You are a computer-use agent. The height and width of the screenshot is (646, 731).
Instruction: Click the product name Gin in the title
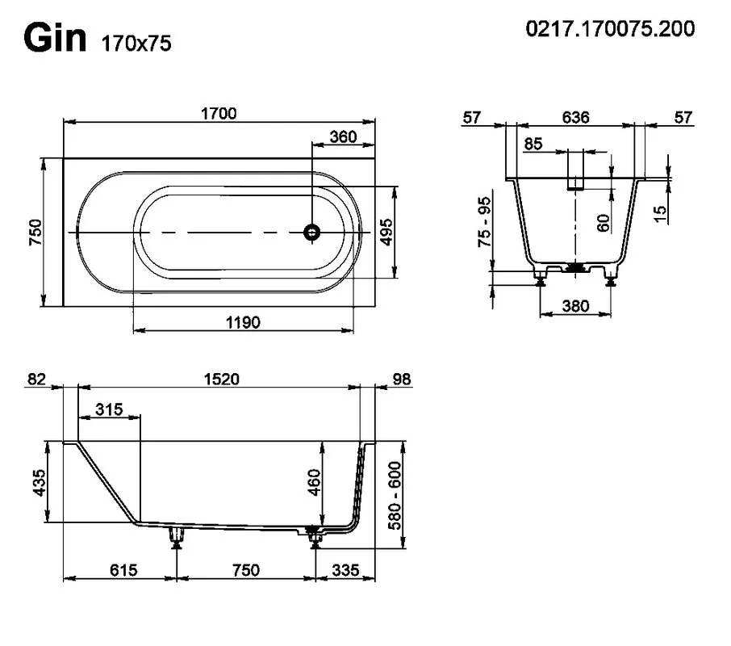click(55, 38)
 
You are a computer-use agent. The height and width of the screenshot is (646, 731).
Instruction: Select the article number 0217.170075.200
click(610, 28)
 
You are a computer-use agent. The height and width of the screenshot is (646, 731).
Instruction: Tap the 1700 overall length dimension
click(219, 113)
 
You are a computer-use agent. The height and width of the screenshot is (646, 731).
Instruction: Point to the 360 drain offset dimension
click(343, 136)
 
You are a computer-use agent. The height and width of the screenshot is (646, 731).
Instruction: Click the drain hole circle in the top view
click(311, 232)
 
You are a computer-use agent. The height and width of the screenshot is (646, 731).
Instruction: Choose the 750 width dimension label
click(36, 233)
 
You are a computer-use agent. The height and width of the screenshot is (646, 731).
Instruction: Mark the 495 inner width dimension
click(386, 232)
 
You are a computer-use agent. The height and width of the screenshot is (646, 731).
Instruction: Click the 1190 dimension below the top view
click(243, 322)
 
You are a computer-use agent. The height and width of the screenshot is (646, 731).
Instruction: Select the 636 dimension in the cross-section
click(575, 117)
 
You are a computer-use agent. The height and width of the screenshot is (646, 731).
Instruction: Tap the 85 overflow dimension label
click(533, 144)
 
